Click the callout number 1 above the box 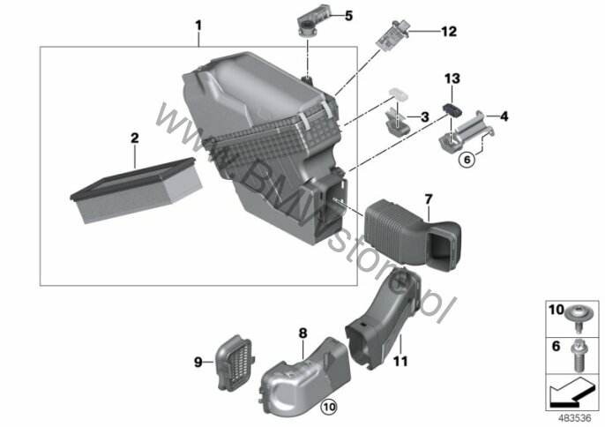[x=198, y=26]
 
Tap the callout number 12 [x=449, y=31]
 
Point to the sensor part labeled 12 [x=392, y=35]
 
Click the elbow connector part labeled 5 [x=314, y=21]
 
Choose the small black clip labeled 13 [x=452, y=109]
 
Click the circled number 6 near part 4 [x=467, y=159]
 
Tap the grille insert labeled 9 [x=234, y=363]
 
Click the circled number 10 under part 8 [x=328, y=406]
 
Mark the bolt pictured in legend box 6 [x=578, y=355]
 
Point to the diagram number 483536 [x=574, y=418]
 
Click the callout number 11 [x=400, y=362]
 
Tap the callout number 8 [x=302, y=333]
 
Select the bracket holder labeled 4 [x=467, y=131]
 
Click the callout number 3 [x=425, y=117]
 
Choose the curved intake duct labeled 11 [x=383, y=318]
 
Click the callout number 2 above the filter [x=135, y=138]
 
